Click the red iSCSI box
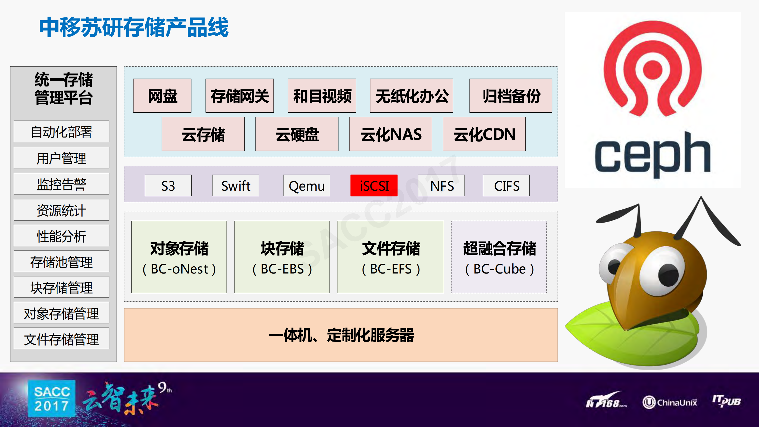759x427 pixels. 374,186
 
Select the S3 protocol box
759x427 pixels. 168,186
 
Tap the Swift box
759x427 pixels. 235,186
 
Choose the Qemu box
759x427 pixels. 306,186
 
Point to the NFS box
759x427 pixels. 441,186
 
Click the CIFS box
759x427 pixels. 506,186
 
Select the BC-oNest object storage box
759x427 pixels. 179,257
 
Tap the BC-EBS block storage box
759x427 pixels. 282,257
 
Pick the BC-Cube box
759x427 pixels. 499,257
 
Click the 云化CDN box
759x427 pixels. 484,134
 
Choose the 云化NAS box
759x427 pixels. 390,134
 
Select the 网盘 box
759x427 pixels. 162,95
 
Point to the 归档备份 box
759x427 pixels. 511,95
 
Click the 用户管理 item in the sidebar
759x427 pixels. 61,158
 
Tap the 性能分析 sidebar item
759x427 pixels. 61,236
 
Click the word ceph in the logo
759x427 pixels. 652,155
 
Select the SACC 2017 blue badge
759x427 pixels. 52,399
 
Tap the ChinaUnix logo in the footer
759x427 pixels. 669,402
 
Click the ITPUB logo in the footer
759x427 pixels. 726,401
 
